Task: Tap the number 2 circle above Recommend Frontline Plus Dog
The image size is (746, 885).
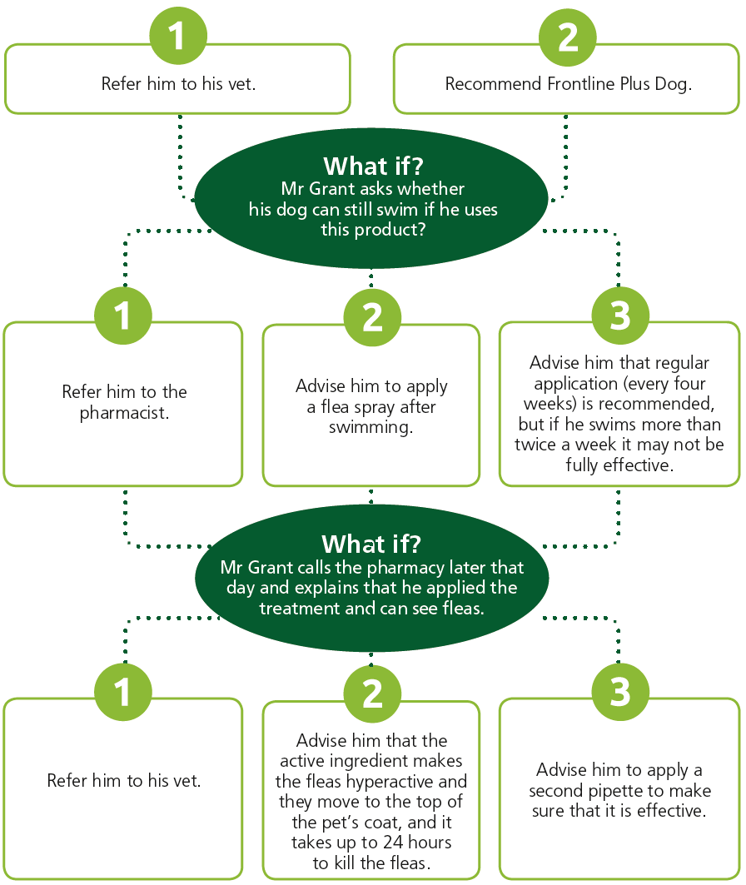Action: click(568, 37)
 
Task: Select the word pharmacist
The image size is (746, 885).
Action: click(124, 413)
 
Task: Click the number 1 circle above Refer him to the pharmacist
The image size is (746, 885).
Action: click(123, 315)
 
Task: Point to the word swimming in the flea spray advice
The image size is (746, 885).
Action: click(371, 427)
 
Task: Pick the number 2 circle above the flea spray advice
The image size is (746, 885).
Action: click(372, 317)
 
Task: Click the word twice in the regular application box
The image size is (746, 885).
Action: click(535, 445)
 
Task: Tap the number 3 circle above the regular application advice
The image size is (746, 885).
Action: click(620, 315)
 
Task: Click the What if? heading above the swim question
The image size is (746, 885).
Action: click(373, 166)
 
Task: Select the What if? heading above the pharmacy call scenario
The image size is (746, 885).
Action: click(371, 544)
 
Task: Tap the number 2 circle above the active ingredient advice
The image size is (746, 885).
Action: click(372, 694)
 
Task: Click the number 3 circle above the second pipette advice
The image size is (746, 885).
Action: click(620, 692)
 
